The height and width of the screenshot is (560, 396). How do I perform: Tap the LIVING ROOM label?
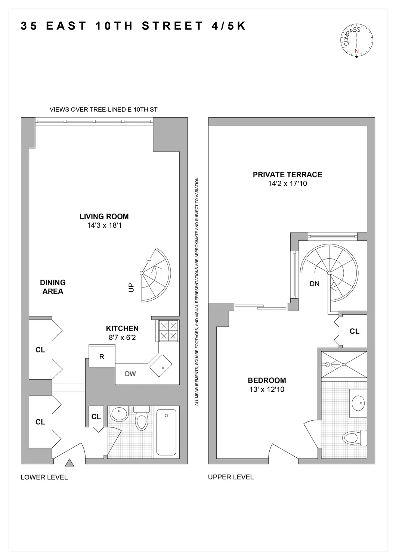click(x=104, y=217)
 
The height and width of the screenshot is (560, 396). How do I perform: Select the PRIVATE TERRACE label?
click(x=287, y=174)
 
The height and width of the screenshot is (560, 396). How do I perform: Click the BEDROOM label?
click(x=267, y=380)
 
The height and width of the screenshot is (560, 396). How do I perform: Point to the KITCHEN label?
click(x=122, y=329)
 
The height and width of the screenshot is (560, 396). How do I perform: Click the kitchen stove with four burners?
click(x=168, y=331)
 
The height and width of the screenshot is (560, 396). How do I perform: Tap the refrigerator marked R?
click(x=102, y=357)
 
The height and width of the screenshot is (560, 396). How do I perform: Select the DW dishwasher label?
click(x=130, y=374)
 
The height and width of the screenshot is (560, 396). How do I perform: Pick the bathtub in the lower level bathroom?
click(x=166, y=432)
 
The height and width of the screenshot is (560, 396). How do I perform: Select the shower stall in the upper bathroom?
click(x=344, y=364)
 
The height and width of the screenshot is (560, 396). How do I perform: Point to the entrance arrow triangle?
click(x=69, y=464)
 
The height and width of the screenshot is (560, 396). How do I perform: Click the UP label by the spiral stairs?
click(x=131, y=288)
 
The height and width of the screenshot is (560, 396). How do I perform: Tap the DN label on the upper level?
click(x=315, y=284)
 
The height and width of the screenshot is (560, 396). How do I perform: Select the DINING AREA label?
click(x=53, y=287)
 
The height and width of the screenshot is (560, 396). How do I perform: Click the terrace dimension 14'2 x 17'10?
click(x=287, y=184)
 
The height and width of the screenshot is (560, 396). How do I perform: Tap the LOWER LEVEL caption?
click(x=44, y=477)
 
